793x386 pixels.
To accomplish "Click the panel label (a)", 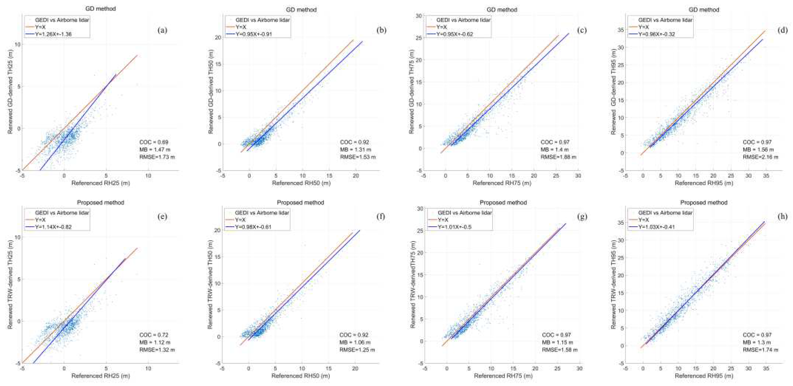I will [x=162, y=30].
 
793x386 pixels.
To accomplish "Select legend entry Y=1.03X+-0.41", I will [x=656, y=227].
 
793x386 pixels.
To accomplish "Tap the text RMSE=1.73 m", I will [x=157, y=157].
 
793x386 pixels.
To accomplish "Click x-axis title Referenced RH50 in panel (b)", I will [x=301, y=183].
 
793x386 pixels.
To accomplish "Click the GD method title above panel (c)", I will [x=502, y=10].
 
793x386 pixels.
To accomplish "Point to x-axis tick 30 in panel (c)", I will [x=578, y=176].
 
